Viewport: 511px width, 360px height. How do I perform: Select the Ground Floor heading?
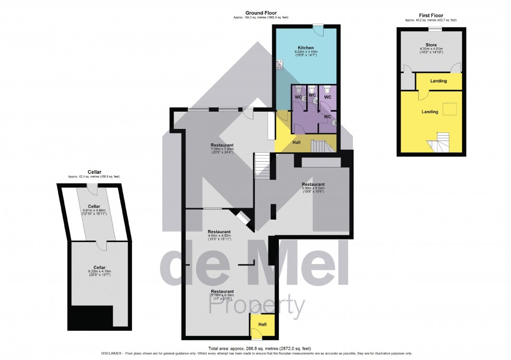point(261,13)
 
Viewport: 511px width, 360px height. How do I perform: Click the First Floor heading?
point(431,16)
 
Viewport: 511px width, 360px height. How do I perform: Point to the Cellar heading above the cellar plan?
point(94,172)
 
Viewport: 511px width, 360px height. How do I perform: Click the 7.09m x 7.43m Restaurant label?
point(222,145)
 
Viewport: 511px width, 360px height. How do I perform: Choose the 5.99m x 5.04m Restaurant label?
point(313,184)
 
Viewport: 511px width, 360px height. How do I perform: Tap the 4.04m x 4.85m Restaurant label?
point(219,231)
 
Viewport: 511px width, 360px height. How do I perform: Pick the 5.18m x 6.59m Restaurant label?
point(222,291)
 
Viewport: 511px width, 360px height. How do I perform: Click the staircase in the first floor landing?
point(438,141)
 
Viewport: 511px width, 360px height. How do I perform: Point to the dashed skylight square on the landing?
point(450,109)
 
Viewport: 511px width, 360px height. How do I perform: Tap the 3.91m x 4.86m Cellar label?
point(94,206)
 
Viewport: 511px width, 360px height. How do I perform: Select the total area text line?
point(259,348)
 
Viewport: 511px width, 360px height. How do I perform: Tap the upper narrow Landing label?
point(438,81)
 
